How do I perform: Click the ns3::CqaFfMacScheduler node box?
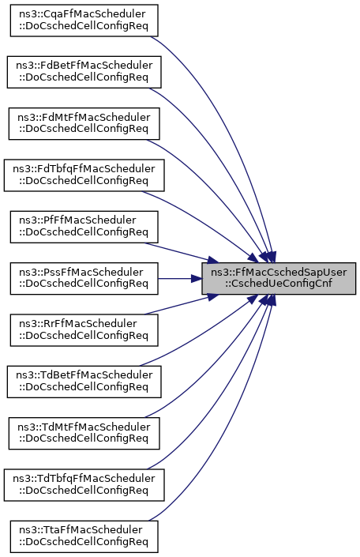click(84, 21)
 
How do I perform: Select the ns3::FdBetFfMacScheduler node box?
click(84, 72)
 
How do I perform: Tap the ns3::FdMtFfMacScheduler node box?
click(84, 123)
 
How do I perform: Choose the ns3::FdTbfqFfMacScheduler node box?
click(84, 175)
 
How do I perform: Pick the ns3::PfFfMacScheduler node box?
click(84, 227)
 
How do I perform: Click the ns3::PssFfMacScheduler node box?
click(84, 278)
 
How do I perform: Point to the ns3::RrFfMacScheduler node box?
click(84, 330)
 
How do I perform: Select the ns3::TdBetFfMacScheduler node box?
click(84, 382)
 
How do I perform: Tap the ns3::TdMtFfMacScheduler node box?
click(84, 434)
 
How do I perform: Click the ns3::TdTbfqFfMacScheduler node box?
click(84, 485)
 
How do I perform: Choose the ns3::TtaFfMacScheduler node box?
click(84, 536)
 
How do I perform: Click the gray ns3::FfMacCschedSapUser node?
click(279, 278)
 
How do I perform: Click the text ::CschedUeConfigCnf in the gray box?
click(279, 284)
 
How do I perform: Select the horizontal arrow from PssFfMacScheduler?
click(180, 278)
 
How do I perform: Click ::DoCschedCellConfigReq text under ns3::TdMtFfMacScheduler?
click(84, 438)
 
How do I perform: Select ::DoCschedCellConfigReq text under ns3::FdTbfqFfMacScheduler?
click(84, 180)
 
